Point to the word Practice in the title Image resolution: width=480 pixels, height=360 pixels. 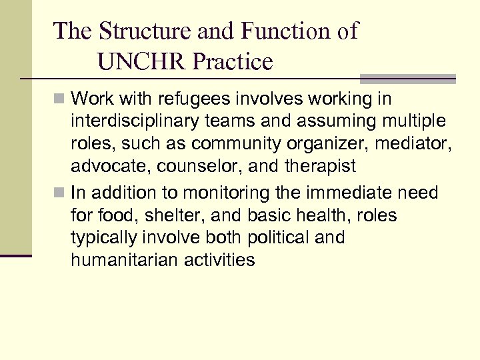233,62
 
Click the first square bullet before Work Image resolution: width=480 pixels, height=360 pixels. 60,99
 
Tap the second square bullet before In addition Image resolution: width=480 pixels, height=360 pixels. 60,193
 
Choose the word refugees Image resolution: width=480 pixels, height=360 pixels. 202,99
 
